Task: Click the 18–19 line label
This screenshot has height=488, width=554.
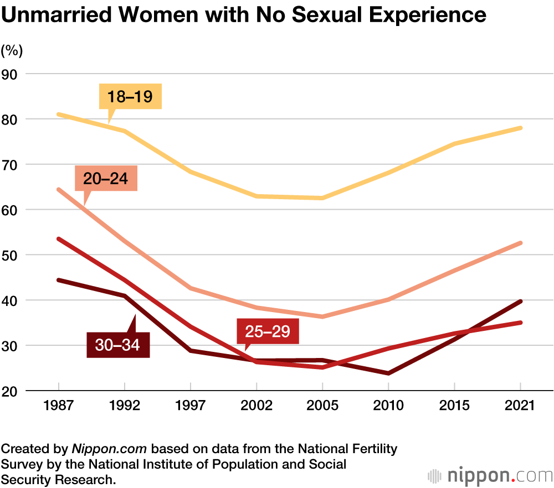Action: click(x=130, y=97)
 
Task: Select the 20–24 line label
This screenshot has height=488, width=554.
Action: click(x=105, y=178)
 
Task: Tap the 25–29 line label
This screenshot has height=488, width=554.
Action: click(x=268, y=331)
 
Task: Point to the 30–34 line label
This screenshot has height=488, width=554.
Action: click(x=118, y=345)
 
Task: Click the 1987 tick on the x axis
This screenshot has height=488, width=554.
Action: click(x=58, y=405)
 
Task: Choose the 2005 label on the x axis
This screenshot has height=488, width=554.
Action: click(x=322, y=405)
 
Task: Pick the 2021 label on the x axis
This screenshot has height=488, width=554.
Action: click(x=521, y=405)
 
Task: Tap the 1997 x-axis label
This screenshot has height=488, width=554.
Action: click(x=191, y=405)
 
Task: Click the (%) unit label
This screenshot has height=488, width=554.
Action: click(x=12, y=51)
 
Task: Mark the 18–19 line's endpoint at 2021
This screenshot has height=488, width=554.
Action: click(x=521, y=128)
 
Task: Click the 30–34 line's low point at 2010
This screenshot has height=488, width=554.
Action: click(x=388, y=373)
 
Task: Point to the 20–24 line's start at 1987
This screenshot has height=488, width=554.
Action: click(x=58, y=189)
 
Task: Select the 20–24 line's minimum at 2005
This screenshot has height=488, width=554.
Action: click(x=322, y=316)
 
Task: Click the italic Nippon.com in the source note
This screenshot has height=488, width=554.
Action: click(x=110, y=448)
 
